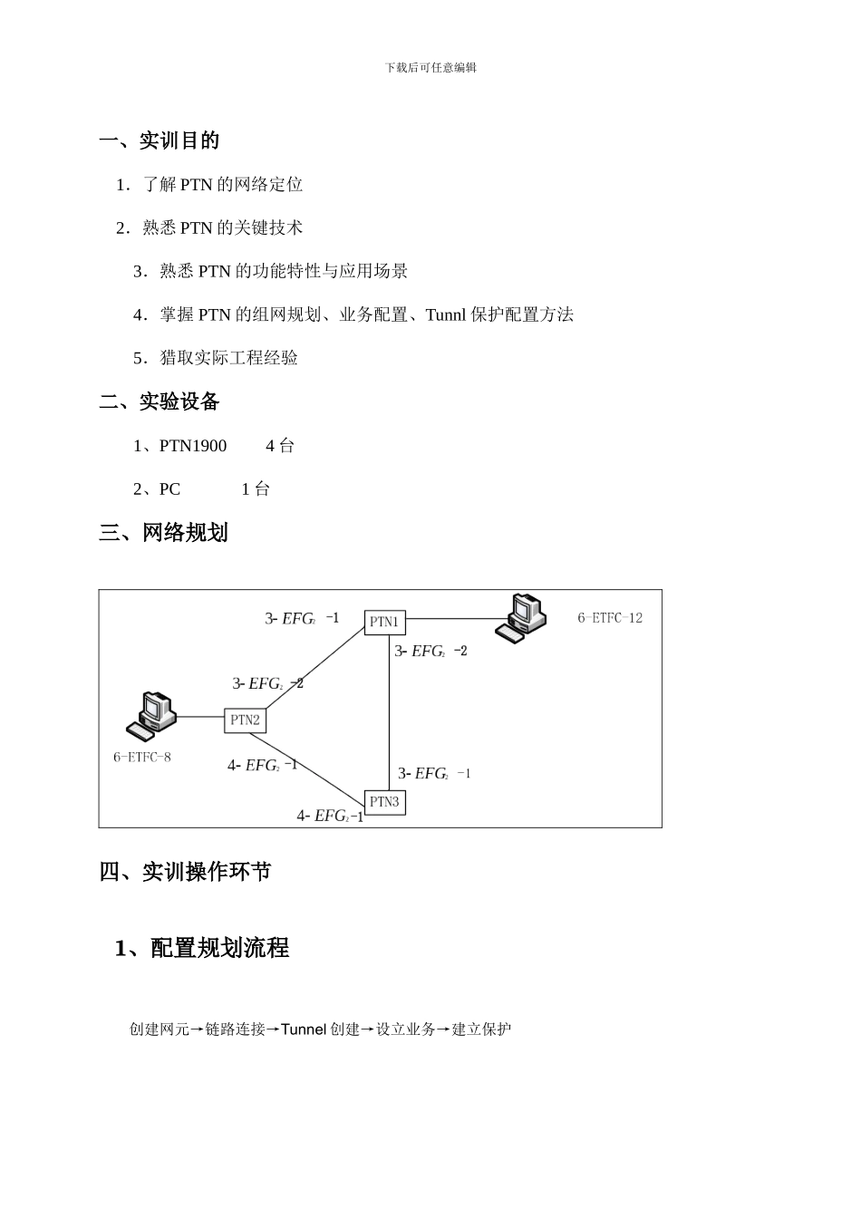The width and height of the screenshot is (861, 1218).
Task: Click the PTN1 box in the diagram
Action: pyautogui.click(x=384, y=623)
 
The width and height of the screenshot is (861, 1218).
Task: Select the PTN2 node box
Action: pyautogui.click(x=245, y=720)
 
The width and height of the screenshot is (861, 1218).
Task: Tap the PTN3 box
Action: pyautogui.click(x=384, y=802)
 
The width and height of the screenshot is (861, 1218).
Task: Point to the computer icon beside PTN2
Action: pyautogui.click(x=150, y=712)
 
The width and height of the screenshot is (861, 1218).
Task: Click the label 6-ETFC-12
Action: pyautogui.click(x=610, y=618)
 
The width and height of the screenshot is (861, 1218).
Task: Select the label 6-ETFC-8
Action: pyautogui.click(x=142, y=757)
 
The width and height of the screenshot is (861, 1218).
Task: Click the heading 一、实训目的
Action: pyautogui.click(x=160, y=140)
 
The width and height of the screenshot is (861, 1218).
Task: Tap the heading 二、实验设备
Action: pyautogui.click(x=160, y=401)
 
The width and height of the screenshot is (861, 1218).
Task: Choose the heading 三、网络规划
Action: pyautogui.click(x=163, y=533)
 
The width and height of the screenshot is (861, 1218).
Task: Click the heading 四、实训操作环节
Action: pyautogui.click(x=185, y=872)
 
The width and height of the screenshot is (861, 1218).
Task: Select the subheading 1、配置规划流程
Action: pyautogui.click(x=202, y=948)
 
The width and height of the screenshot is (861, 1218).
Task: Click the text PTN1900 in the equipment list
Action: pyautogui.click(x=193, y=446)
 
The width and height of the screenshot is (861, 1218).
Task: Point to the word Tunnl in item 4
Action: pyautogui.click(x=445, y=315)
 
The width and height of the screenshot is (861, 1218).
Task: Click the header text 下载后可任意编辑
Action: pyautogui.click(x=430, y=67)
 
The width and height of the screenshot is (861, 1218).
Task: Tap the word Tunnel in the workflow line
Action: pyautogui.click(x=304, y=1029)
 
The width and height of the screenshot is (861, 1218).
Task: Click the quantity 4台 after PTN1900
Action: pyautogui.click(x=280, y=446)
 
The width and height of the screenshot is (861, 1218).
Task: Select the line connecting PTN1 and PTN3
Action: pyautogui.click(x=390, y=716)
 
